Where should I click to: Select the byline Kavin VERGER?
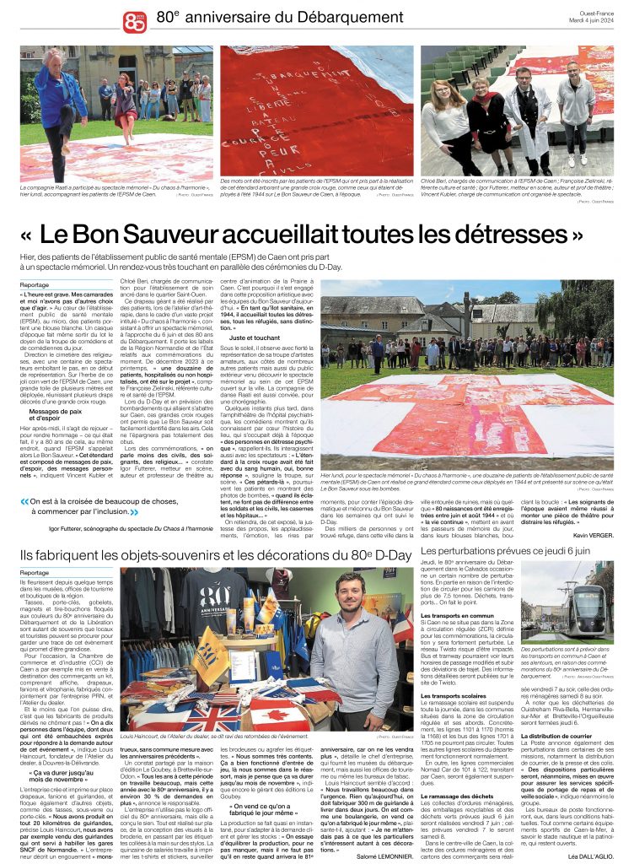point(593,534)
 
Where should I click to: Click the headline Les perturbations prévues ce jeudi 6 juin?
point(505,551)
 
